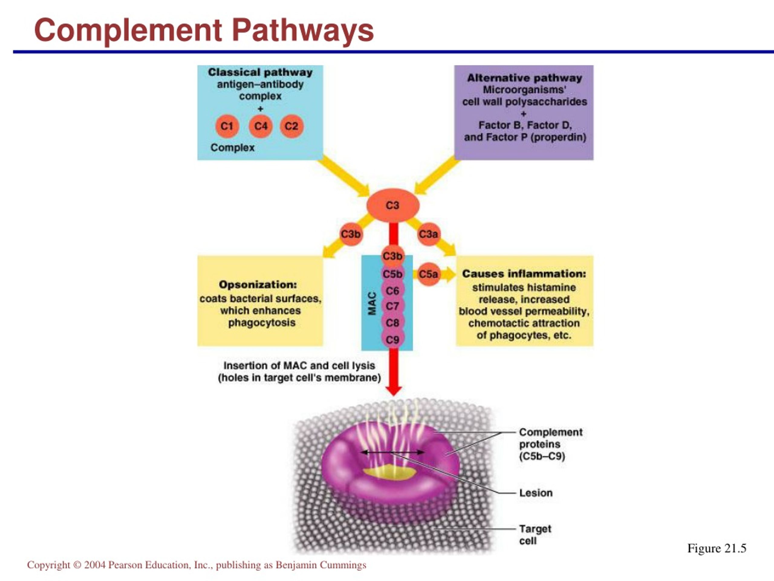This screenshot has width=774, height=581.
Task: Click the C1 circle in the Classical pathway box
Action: (227, 126)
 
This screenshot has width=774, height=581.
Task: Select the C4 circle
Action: (261, 126)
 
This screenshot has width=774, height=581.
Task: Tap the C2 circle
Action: (292, 126)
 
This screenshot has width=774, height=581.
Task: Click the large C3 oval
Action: (393, 205)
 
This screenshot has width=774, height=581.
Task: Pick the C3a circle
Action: (429, 234)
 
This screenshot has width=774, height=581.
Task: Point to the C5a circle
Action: (429, 274)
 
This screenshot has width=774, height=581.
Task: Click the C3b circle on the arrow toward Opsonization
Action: (351, 234)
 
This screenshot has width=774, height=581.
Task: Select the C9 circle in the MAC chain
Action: (393, 339)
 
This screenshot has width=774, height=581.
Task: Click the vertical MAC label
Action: (372, 303)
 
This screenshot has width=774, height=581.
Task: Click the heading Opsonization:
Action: (258, 285)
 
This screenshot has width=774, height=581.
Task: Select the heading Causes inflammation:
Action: (524, 274)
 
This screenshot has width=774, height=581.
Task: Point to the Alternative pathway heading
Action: (525, 78)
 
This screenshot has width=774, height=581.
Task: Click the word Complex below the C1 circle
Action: (232, 148)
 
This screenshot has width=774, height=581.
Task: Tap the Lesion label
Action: (536, 493)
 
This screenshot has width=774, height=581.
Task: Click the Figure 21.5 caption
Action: (717, 548)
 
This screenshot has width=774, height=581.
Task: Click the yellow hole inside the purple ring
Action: (389, 472)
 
